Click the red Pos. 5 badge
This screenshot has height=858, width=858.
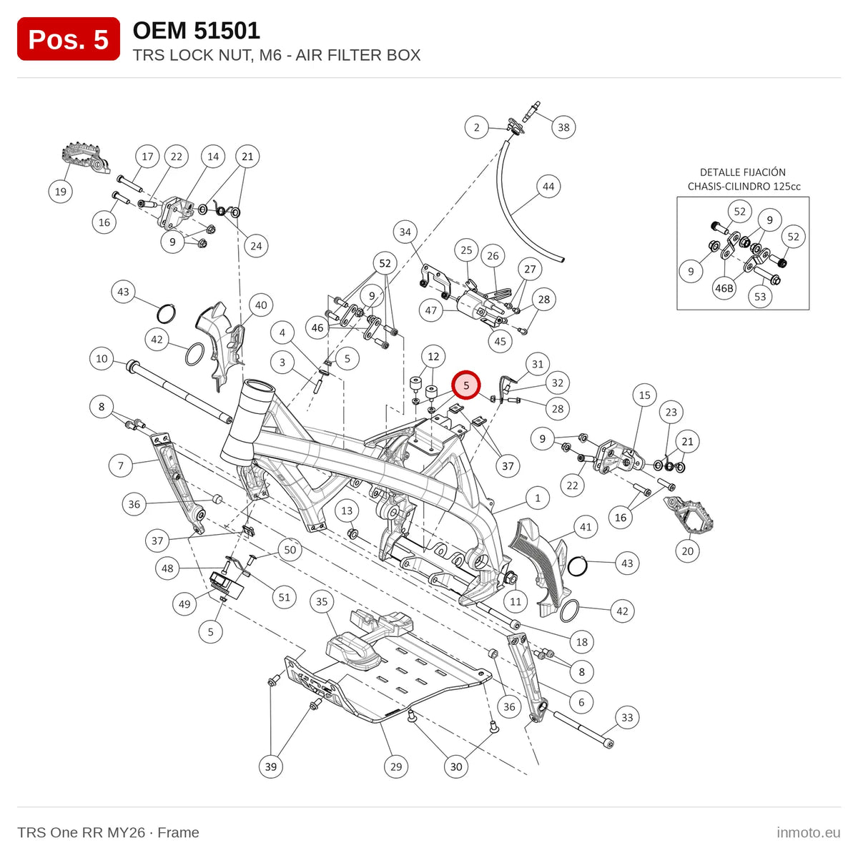click(x=68, y=39)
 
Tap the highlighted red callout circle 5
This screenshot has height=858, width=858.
click(x=465, y=385)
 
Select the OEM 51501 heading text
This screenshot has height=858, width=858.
click(x=197, y=30)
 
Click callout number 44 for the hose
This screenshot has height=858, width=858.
click(x=548, y=187)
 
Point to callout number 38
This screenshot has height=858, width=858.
click(x=563, y=127)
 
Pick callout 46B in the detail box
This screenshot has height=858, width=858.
click(x=724, y=288)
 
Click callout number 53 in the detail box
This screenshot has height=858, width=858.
click(x=760, y=296)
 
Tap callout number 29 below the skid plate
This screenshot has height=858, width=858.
click(x=396, y=766)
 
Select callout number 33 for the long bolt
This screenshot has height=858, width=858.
click(x=627, y=717)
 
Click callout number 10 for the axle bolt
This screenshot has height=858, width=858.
click(x=102, y=358)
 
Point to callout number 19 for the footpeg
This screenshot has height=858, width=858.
click(x=61, y=192)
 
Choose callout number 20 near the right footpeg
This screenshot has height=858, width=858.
click(x=687, y=551)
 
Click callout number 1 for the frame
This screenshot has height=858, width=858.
click(x=538, y=498)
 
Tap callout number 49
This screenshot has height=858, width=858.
click(x=184, y=604)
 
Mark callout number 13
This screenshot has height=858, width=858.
click(x=347, y=511)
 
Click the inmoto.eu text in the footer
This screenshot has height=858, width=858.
click(x=809, y=833)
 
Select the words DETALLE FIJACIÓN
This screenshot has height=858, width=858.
click(x=743, y=172)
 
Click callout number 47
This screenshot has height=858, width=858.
click(x=431, y=310)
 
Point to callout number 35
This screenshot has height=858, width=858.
click(x=322, y=602)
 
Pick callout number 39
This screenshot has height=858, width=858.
click(x=271, y=766)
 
